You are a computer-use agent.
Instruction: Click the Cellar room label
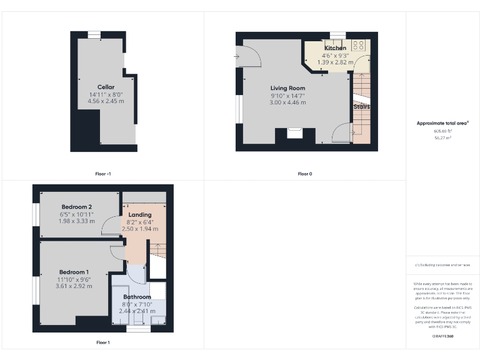pyautogui.click(x=106, y=87)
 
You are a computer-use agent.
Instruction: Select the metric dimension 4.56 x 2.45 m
pyautogui.click(x=106, y=101)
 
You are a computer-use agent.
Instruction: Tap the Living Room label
pyautogui.click(x=287, y=88)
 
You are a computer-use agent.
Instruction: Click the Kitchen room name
pyautogui.click(x=335, y=48)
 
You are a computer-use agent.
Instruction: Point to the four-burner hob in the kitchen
pyautogui.click(x=359, y=45)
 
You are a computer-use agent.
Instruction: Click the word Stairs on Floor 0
pyautogui.click(x=361, y=107)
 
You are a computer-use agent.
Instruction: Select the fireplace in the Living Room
pyautogui.click(x=294, y=132)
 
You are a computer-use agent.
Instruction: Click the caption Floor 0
pyautogui.click(x=304, y=174)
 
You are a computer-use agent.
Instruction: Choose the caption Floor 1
pyautogui.click(x=102, y=342)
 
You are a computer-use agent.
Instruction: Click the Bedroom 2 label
pyautogui.click(x=77, y=207)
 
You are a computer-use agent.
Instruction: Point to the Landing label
pyautogui.click(x=140, y=214)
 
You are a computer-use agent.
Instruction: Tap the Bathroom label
pyautogui.click(x=137, y=297)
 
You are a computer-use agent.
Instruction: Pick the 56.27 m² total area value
pyautogui.click(x=442, y=137)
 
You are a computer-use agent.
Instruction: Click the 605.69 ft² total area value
pyautogui.click(x=442, y=131)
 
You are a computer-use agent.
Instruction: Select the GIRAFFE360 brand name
pyautogui.click(x=442, y=336)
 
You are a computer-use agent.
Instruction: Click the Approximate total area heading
pyautogui.click(x=442, y=123)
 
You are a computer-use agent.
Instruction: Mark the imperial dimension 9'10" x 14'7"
pyautogui.click(x=287, y=95)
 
